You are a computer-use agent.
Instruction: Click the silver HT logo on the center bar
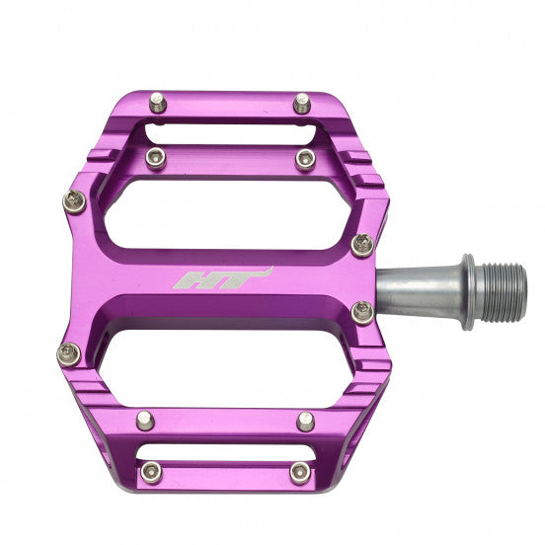[x=221, y=279]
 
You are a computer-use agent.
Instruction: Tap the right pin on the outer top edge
[x=302, y=101]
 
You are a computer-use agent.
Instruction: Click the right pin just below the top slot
[x=305, y=158]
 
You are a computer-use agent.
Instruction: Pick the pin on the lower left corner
[x=68, y=352]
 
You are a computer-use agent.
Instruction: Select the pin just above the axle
[x=362, y=244]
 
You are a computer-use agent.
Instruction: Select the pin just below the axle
[x=362, y=313]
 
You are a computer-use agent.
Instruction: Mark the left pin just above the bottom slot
[x=146, y=419]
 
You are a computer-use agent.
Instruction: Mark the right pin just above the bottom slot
[x=305, y=422]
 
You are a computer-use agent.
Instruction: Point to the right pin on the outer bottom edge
[x=299, y=473]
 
